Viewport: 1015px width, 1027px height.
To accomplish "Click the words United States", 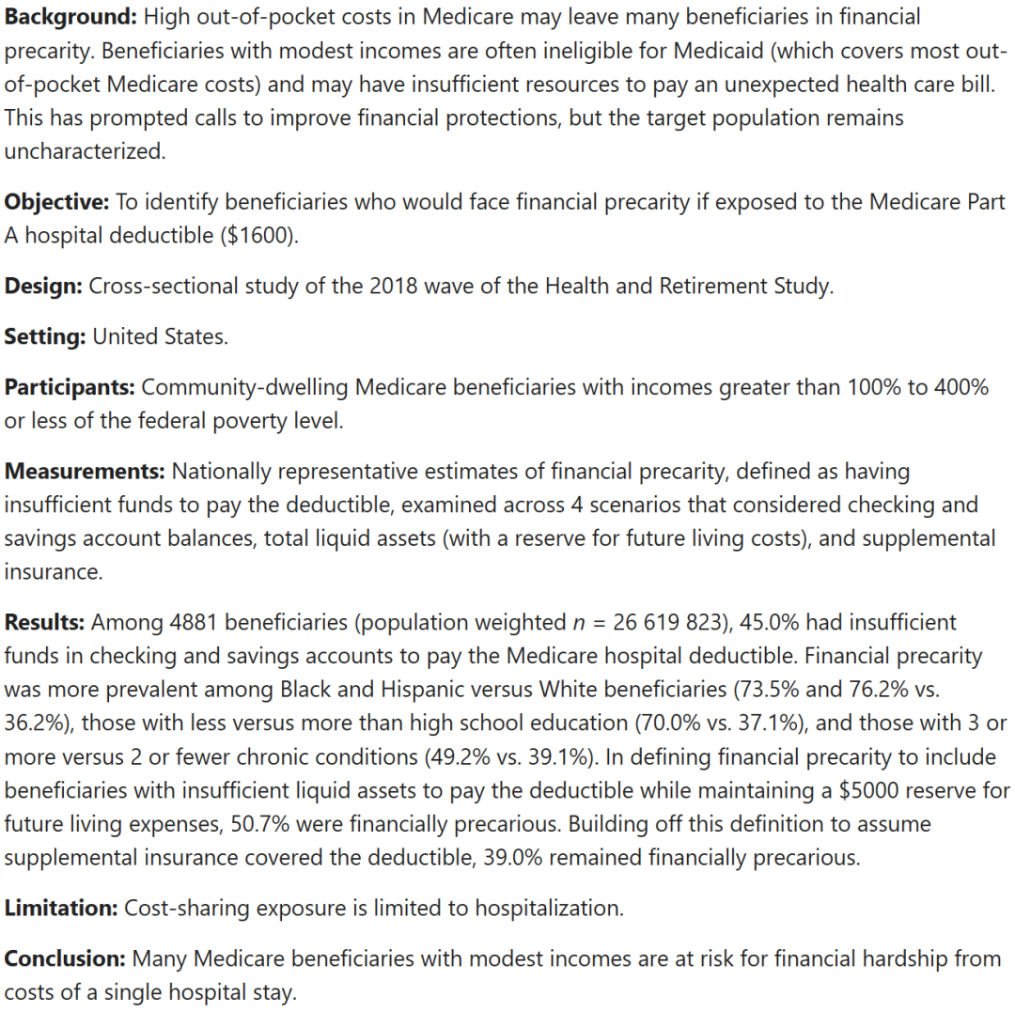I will [x=160, y=336].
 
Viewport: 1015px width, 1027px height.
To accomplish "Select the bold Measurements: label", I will [x=85, y=471].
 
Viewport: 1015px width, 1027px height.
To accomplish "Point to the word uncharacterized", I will [x=84, y=151].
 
